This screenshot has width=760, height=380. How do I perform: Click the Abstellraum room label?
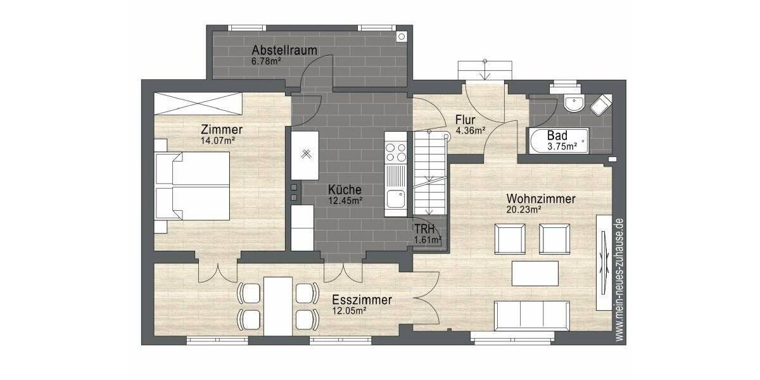pyautogui.click(x=284, y=50)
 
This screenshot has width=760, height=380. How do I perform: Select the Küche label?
pyautogui.click(x=345, y=189)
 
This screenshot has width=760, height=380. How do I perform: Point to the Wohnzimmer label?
pyautogui.click(x=541, y=199)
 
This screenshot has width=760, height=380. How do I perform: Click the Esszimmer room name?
pyautogui.click(x=361, y=300)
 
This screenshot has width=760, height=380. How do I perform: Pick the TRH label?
pyautogui.click(x=423, y=229)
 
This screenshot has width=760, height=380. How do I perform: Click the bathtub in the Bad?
pyautogui.click(x=557, y=141)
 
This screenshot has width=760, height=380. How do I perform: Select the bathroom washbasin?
pyautogui.click(x=574, y=104)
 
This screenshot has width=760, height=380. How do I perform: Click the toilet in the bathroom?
pyautogui.click(x=601, y=104)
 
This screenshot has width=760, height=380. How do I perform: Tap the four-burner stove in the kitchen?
pyautogui.click(x=396, y=153)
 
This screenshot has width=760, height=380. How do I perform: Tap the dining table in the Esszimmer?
pyautogui.click(x=279, y=305)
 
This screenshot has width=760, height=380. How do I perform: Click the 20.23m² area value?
pyautogui.click(x=523, y=210)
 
